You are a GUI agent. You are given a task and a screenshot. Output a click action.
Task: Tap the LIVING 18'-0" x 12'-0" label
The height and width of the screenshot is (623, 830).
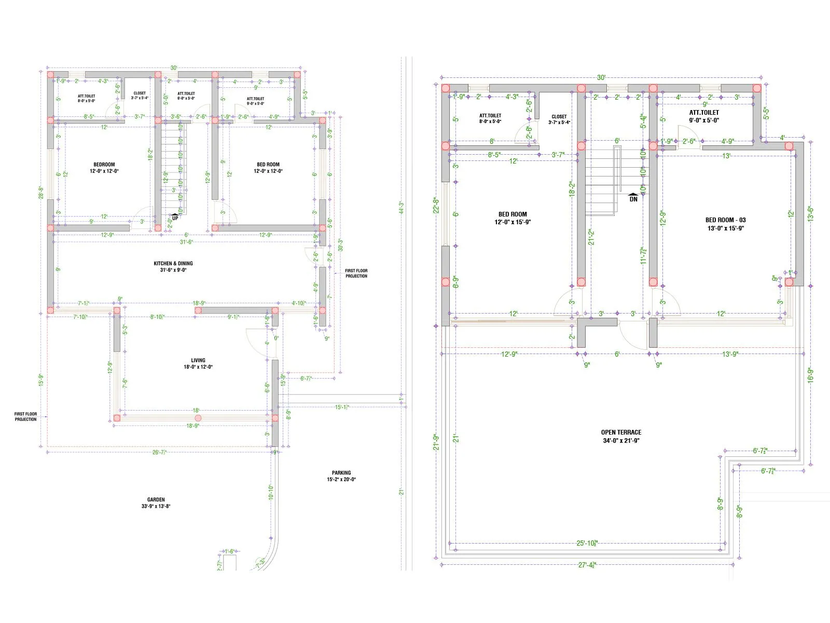pyautogui.click(x=198, y=363)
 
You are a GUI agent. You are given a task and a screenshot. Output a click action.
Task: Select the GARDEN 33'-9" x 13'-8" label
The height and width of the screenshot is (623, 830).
pyautogui.click(x=156, y=503)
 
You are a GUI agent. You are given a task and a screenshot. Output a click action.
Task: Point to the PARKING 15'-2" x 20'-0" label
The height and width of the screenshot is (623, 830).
pyautogui.click(x=341, y=476)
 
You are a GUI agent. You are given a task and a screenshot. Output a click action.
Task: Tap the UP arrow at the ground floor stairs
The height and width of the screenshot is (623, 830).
pyautogui.click(x=175, y=216)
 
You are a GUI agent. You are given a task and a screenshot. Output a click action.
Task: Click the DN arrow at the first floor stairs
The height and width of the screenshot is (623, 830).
pyautogui.click(x=633, y=198)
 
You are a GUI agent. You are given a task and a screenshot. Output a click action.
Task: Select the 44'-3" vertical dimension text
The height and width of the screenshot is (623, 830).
pyautogui.click(x=400, y=208)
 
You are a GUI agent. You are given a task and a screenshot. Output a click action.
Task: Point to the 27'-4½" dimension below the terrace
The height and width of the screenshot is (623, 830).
pyautogui.click(x=587, y=565)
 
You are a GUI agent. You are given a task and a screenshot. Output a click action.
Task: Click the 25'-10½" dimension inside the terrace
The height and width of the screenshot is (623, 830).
pyautogui.click(x=587, y=543)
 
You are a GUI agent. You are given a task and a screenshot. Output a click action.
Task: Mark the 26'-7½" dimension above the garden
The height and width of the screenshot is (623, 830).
pyautogui.click(x=159, y=452)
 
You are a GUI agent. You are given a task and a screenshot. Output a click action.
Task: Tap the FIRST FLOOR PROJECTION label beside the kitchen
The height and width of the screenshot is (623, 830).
pyautogui.click(x=356, y=273)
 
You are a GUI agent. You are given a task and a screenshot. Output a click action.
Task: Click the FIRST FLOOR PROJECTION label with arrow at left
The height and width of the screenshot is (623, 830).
pyautogui.click(x=25, y=416)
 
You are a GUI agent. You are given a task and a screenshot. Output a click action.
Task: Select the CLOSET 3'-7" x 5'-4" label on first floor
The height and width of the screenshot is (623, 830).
pyautogui.click(x=559, y=119)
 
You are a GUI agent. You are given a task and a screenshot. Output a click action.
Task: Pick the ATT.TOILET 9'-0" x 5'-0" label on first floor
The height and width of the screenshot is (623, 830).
pyautogui.click(x=704, y=116)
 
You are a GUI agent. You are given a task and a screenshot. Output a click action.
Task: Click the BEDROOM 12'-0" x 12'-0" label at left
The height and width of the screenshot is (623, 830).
pyautogui.click(x=104, y=168)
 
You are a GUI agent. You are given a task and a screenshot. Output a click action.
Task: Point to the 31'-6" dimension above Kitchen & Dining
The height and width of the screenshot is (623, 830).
pyautogui.click(x=186, y=242)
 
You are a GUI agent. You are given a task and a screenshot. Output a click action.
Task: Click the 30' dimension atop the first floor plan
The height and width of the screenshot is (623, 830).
pyautogui.click(x=601, y=77)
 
